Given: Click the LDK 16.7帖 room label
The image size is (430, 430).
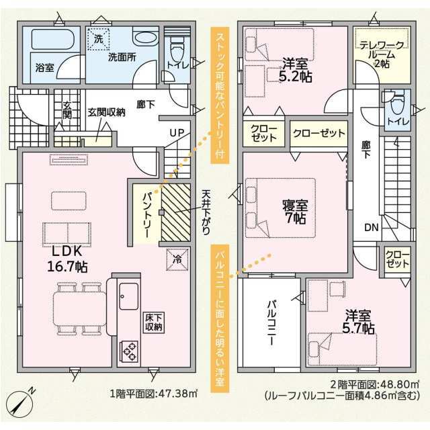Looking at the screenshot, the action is (67, 258).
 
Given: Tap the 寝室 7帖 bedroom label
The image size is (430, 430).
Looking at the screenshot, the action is (295, 212).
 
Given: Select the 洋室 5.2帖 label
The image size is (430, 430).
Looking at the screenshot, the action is (295, 71).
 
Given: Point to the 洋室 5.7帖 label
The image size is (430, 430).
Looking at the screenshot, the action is (358, 322).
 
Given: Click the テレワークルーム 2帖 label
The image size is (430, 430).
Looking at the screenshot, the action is (382, 54).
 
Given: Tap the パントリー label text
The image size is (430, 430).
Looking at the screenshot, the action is (146, 216).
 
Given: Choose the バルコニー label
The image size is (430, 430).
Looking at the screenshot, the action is (271, 322).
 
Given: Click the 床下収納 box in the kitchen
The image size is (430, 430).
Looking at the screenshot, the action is (154, 322).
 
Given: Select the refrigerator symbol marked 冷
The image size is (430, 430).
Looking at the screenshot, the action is (177, 259).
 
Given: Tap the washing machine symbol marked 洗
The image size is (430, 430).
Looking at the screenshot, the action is (99, 39).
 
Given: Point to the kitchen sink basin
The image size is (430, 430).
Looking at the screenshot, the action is (128, 296).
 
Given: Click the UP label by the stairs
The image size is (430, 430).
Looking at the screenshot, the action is (177, 133).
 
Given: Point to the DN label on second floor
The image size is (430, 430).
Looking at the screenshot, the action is (372, 227).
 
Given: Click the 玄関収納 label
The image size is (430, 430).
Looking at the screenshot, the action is (106, 112).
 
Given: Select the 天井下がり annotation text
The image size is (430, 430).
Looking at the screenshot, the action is (206, 212).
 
